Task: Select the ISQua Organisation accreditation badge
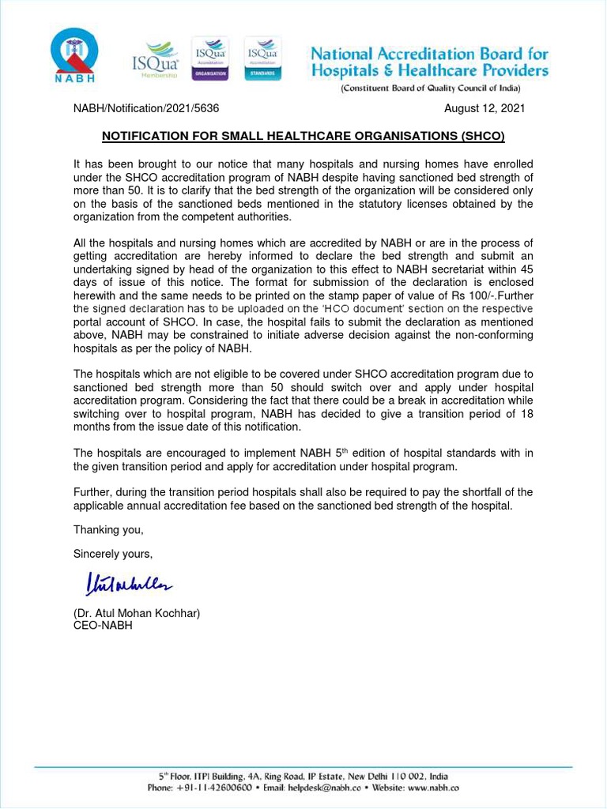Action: click(209, 58)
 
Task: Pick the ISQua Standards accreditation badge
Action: click(262, 58)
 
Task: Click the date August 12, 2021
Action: click(484, 109)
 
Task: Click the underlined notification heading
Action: click(303, 136)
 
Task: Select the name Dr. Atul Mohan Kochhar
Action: click(137, 613)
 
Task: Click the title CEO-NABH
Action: click(103, 625)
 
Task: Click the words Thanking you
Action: click(108, 529)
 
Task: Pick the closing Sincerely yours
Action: click(113, 553)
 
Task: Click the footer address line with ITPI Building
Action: click(303, 776)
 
